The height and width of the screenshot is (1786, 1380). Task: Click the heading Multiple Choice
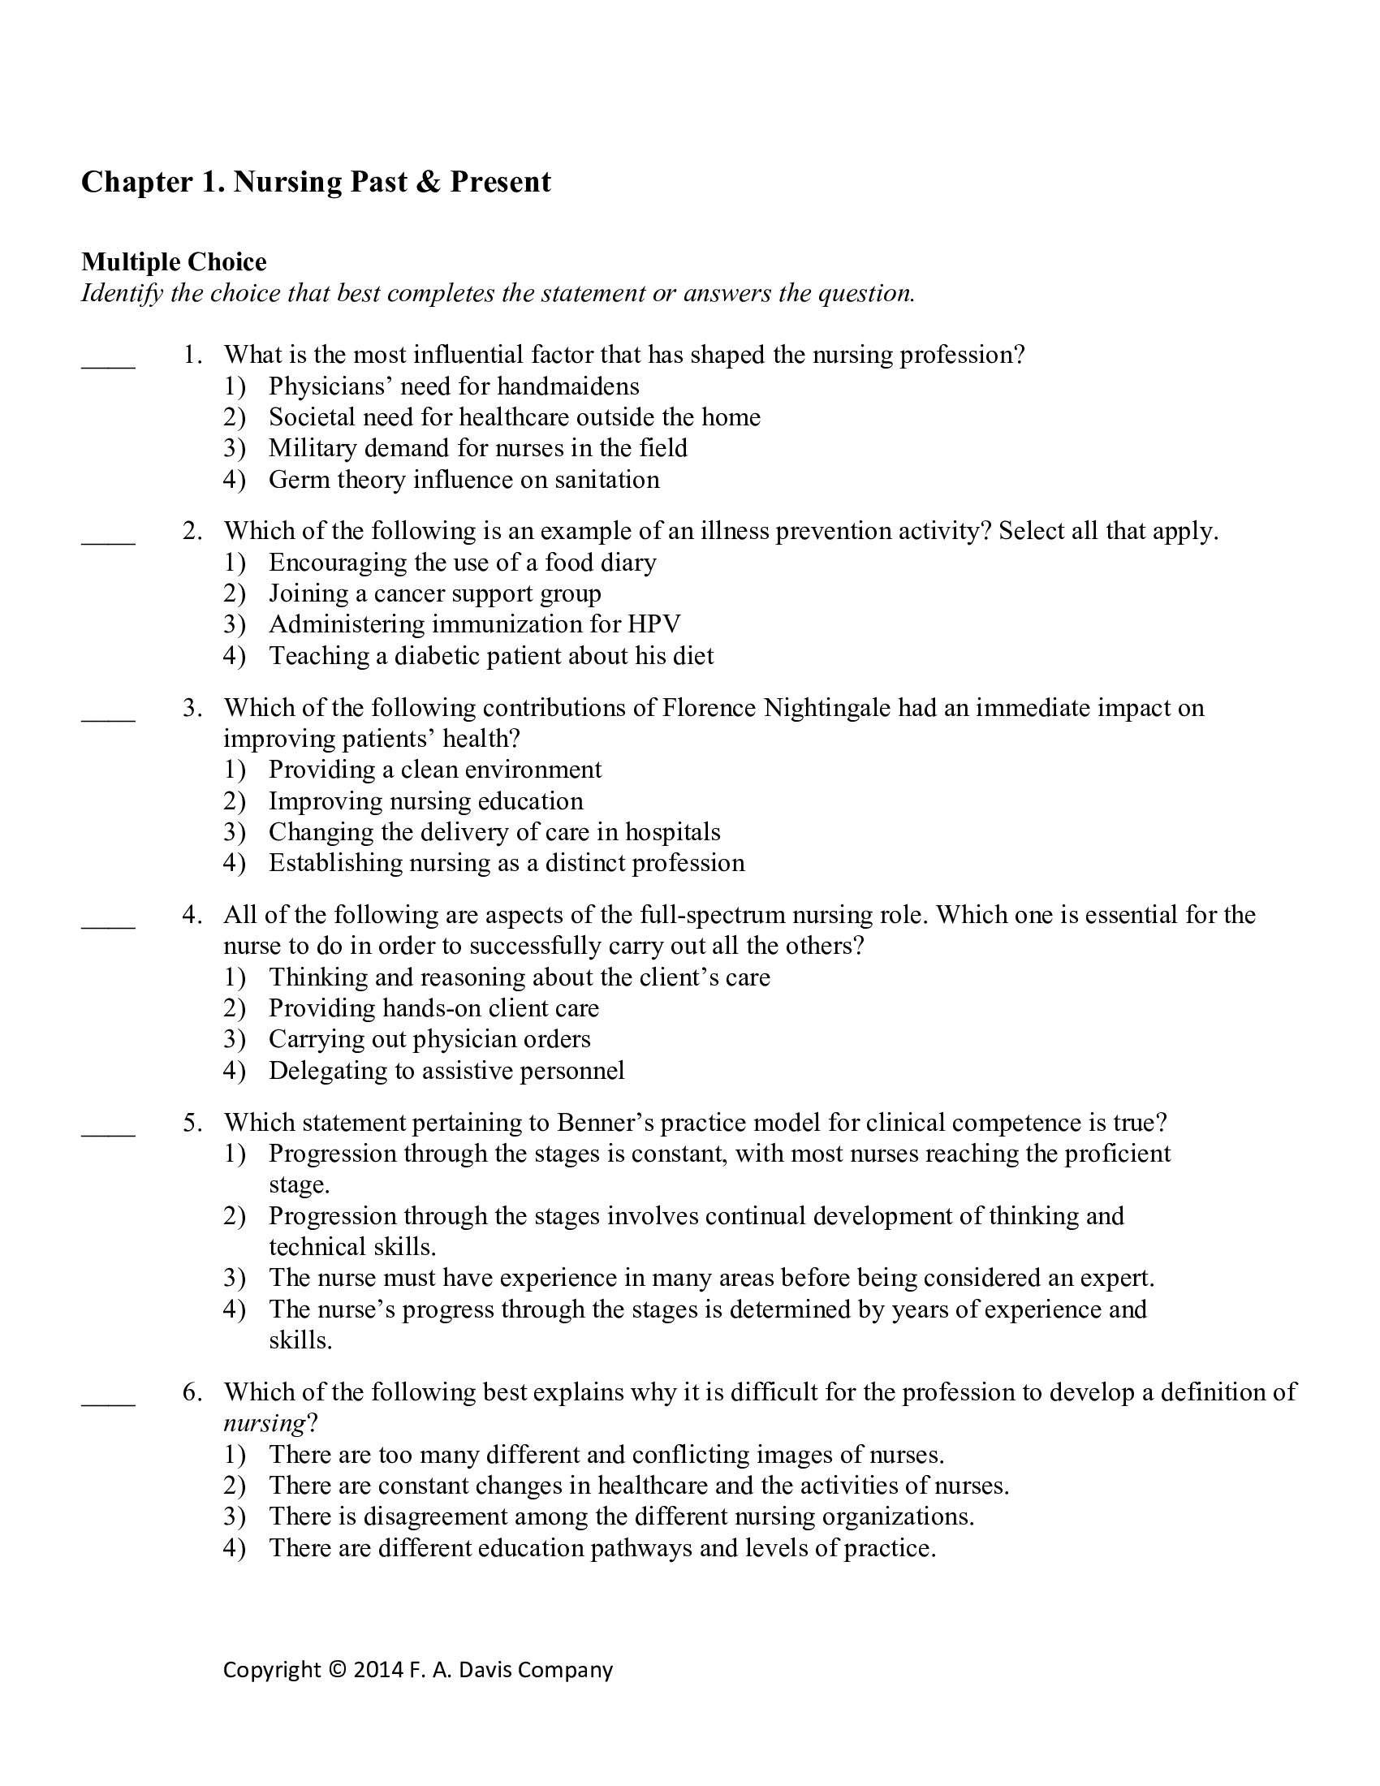174,261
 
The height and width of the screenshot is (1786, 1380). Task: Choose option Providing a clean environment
435,770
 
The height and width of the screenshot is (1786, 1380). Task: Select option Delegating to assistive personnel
446,1071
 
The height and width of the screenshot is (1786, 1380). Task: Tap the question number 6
192,1392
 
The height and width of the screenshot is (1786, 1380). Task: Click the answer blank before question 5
108,1132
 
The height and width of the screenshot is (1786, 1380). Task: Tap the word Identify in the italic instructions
122,294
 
